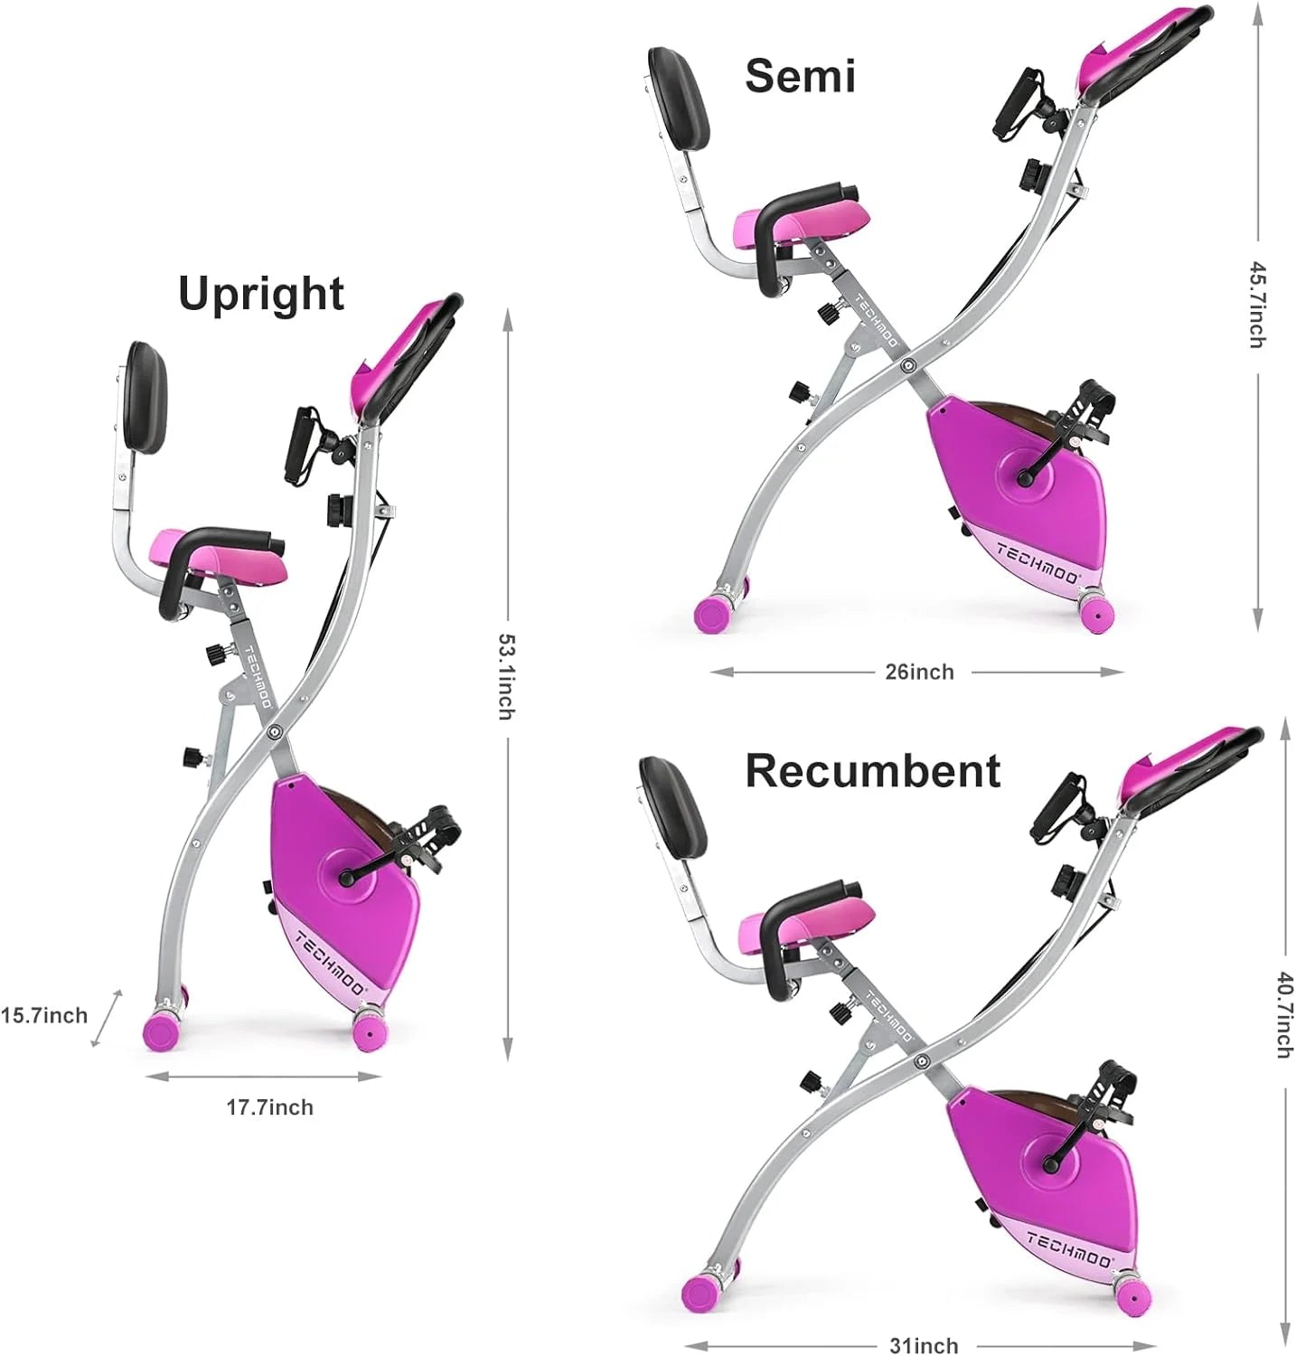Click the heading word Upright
pyautogui.click(x=260, y=294)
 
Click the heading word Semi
pyautogui.click(x=800, y=75)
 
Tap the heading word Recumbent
pyautogui.click(x=872, y=771)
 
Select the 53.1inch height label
pyautogui.click(x=507, y=677)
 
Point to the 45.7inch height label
pyautogui.click(x=1257, y=305)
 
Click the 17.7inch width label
pyautogui.click(x=269, y=1107)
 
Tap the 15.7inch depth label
pyautogui.click(x=44, y=1015)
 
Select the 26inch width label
pyautogui.click(x=918, y=672)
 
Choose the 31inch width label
pyautogui.click(x=923, y=1345)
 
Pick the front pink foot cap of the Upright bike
pyautogui.click(x=370, y=1031)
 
